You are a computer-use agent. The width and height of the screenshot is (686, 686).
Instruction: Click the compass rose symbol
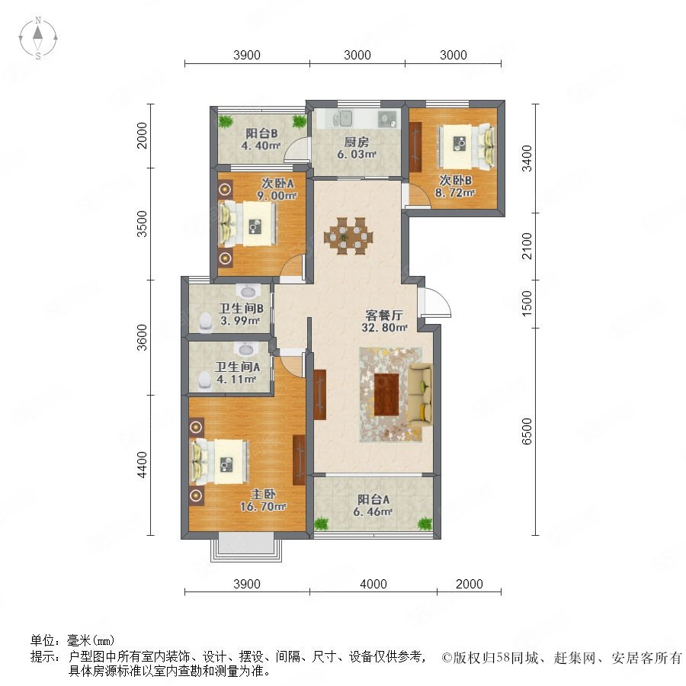pyautogui.click(x=38, y=38)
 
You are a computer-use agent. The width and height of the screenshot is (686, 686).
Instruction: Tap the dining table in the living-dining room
pyautogui.click(x=348, y=236)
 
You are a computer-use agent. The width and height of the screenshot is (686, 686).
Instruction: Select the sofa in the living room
pyautogui.click(x=421, y=395)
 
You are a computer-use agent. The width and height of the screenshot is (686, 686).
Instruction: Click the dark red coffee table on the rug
pyautogui.click(x=386, y=395)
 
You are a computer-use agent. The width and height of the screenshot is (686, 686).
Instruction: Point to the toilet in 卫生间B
pyautogui.click(x=205, y=322)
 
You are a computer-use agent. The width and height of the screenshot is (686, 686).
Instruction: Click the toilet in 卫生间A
pyautogui.click(x=204, y=380)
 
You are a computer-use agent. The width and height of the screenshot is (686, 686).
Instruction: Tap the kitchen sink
pyautogui.click(x=342, y=117)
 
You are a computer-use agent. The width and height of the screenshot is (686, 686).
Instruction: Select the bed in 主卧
pyautogui.click(x=220, y=462)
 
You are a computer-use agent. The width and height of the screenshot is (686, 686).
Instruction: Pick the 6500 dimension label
pyautogui.click(x=527, y=431)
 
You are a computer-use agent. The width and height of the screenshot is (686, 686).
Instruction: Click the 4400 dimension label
pyautogui.click(x=143, y=465)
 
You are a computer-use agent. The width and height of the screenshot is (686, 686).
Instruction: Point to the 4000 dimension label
pyautogui.click(x=373, y=584)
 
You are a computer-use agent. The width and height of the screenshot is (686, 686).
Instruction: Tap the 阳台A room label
pyautogui.click(x=373, y=499)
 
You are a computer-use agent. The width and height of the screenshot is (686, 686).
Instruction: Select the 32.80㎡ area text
pyautogui.click(x=385, y=327)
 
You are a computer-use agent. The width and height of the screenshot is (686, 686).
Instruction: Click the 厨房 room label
pyautogui.click(x=356, y=142)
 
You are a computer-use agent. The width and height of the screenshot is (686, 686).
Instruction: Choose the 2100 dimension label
pyautogui.click(x=527, y=246)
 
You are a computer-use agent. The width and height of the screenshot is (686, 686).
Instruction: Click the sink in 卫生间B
pyautogui.click(x=248, y=291)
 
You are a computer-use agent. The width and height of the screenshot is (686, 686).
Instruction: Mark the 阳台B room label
pyautogui.click(x=261, y=133)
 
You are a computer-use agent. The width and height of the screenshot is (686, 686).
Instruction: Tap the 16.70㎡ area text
pyautogui.click(x=263, y=507)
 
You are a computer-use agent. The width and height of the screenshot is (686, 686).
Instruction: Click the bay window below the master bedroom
pyautogui.click(x=246, y=547)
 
